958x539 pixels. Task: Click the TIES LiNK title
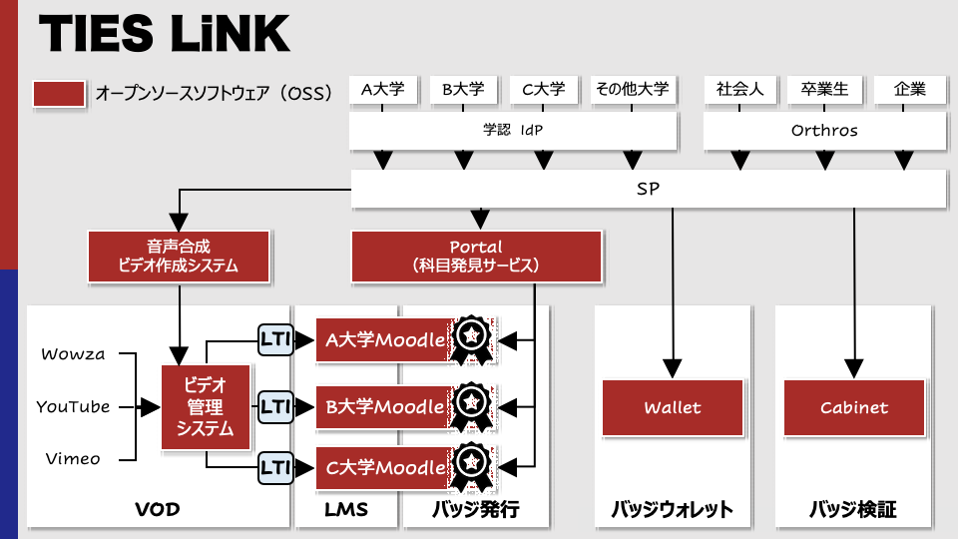[x=165, y=33]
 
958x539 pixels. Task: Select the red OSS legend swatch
[x=59, y=94]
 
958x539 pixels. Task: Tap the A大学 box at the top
[x=383, y=90]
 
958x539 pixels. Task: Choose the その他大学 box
[x=633, y=90]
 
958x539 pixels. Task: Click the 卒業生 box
[x=825, y=90]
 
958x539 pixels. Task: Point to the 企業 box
[x=910, y=90]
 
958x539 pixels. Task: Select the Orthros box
[x=824, y=130]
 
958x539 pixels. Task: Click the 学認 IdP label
[x=513, y=130]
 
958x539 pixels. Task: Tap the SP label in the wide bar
[x=649, y=189]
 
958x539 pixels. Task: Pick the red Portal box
[x=477, y=257]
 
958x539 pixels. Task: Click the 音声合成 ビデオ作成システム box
[x=179, y=257]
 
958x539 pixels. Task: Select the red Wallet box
[x=673, y=407]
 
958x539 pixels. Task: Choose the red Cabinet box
[x=854, y=407]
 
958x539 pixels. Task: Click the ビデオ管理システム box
[x=206, y=407]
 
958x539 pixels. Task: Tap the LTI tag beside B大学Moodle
[x=275, y=407]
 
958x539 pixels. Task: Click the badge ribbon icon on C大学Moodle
[x=472, y=467]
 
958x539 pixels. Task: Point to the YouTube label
[x=73, y=407]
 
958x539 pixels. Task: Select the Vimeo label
[x=73, y=459]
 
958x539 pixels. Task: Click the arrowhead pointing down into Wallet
[x=673, y=368]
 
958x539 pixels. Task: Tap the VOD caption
[x=158, y=509]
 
